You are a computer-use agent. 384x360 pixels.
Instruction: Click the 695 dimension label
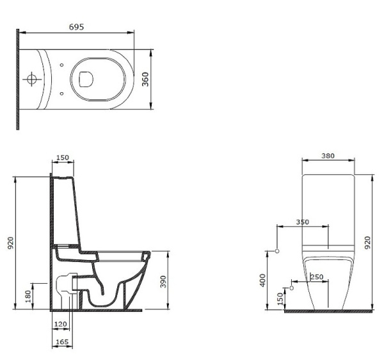[x=76, y=27]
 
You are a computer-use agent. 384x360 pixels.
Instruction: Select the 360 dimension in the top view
[x=145, y=79]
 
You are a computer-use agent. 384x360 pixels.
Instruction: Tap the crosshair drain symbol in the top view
[x=31, y=79]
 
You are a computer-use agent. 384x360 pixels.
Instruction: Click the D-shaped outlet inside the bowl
[x=86, y=79]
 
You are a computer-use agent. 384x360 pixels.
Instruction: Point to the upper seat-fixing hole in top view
[x=61, y=65]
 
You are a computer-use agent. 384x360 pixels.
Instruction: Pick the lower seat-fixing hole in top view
[x=61, y=94]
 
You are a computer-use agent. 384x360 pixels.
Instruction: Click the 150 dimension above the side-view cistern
[x=63, y=158]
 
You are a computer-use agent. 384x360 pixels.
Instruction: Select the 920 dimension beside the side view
[x=11, y=243]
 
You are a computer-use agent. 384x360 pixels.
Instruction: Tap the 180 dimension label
[x=28, y=296]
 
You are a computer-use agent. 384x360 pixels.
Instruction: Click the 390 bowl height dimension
[x=163, y=282]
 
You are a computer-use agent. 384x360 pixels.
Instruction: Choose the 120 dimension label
[x=60, y=324]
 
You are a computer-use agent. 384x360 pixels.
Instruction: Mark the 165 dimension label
[x=62, y=342]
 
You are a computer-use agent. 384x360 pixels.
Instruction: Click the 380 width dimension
[x=328, y=156]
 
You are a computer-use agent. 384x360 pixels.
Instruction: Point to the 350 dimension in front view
[x=303, y=222]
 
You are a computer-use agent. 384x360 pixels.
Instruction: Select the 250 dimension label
[x=317, y=277]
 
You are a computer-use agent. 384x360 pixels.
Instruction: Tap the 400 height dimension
[x=262, y=281]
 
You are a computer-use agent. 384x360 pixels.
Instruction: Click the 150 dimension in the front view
[x=280, y=299]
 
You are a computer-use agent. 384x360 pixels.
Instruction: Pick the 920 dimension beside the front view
[x=367, y=243]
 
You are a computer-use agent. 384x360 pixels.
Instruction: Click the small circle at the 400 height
[x=277, y=251]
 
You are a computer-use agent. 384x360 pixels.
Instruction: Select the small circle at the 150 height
[x=291, y=288]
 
